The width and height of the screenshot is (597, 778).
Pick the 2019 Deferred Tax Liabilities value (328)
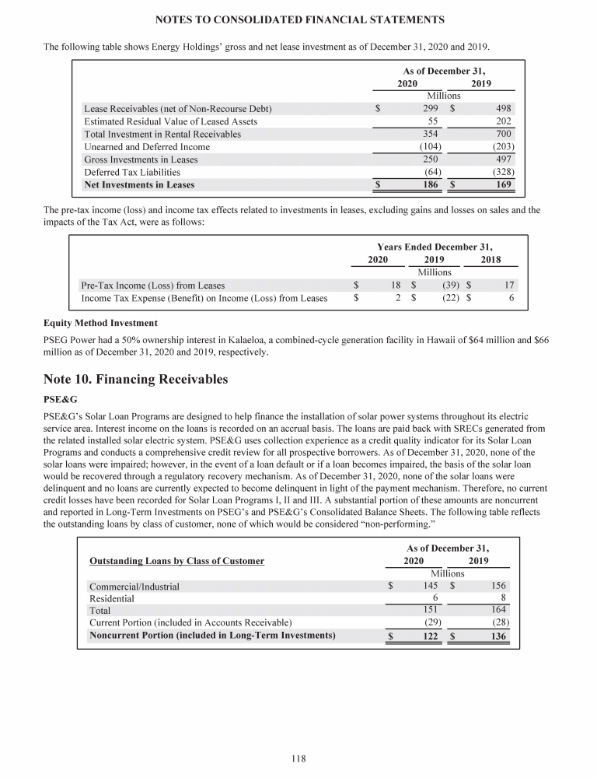[x=500, y=172]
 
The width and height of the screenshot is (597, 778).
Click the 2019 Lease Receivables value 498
[x=502, y=109]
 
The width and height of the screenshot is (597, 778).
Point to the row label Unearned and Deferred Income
[x=146, y=147]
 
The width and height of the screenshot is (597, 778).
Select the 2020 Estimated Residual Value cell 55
[x=434, y=121]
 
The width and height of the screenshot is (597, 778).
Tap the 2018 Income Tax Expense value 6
[x=511, y=298]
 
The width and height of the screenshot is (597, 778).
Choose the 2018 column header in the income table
[x=491, y=259]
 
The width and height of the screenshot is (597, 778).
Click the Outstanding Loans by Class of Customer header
[x=176, y=561]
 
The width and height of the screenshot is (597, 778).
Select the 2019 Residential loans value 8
[x=504, y=598]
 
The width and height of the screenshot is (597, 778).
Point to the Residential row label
[x=111, y=598]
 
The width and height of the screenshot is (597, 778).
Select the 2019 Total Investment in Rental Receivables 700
[x=501, y=134]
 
